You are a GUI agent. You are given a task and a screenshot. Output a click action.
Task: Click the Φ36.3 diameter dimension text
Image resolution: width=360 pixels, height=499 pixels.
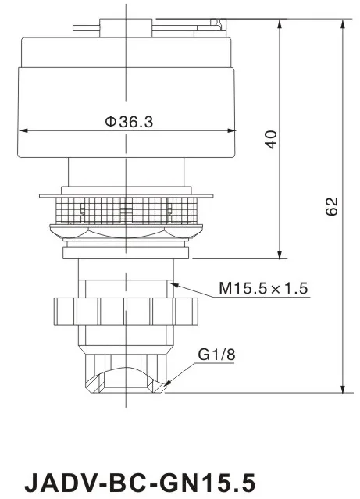[x=128, y=122]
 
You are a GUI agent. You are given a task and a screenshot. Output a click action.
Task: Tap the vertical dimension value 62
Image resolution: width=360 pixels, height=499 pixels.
[x=332, y=206]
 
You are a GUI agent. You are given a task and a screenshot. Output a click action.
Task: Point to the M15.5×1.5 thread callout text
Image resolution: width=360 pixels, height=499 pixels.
[x=263, y=289]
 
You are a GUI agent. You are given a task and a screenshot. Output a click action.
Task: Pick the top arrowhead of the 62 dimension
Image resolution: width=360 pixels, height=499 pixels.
[x=342, y=23]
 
